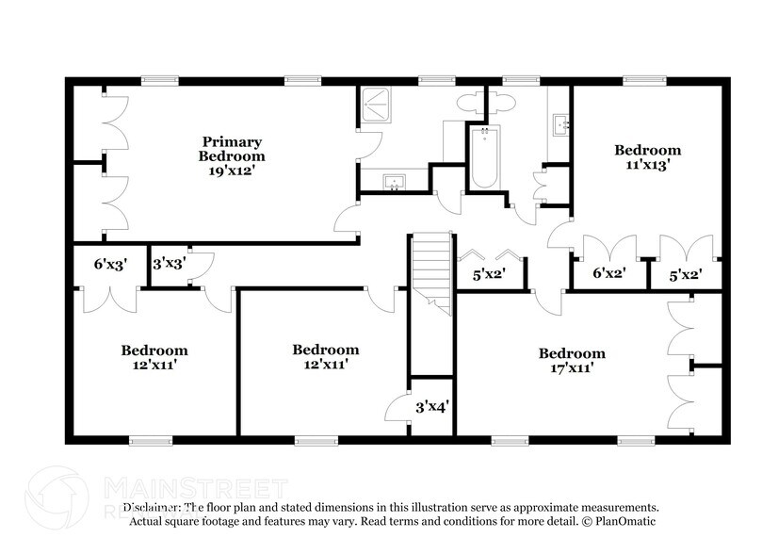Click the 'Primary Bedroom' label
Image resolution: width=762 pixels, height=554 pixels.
231,148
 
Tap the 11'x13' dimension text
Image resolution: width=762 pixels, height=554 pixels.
647,165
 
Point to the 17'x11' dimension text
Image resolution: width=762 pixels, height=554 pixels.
572,368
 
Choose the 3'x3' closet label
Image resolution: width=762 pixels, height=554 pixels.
169,264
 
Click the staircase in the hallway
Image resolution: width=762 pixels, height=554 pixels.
431,269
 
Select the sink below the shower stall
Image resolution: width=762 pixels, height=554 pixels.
393,182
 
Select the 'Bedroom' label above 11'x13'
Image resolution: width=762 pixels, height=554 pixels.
647,150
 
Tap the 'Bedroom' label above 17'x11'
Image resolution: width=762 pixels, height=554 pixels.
572,353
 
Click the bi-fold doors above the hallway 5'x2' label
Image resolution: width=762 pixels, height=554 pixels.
490,256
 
